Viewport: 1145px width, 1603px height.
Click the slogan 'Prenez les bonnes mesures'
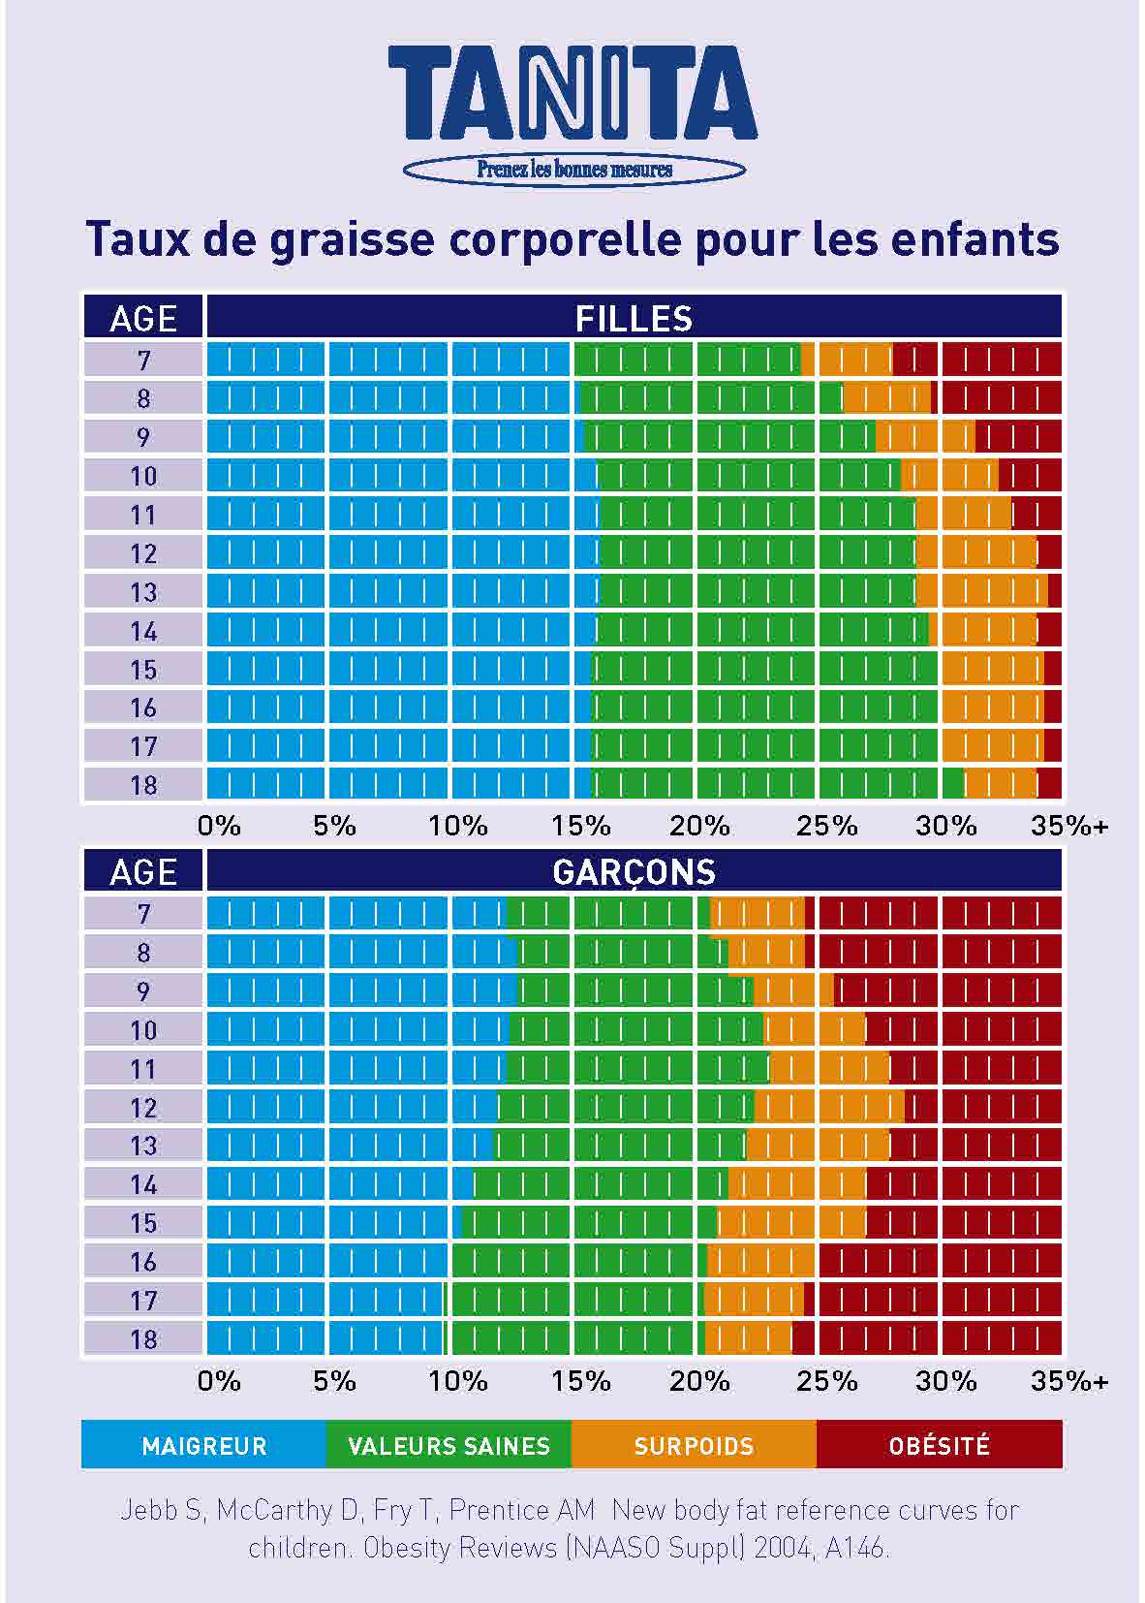pyautogui.click(x=573, y=170)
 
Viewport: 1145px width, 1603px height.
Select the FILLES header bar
pyautogui.click(x=634, y=318)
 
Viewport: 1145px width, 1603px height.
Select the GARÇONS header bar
pyautogui.click(x=634, y=871)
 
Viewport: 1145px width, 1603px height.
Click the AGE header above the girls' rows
pyautogui.click(x=143, y=318)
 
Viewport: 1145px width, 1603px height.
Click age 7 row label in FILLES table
pyautogui.click(x=143, y=361)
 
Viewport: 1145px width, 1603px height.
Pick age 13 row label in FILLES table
pyautogui.click(x=143, y=592)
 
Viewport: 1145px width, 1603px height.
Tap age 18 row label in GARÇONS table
pyautogui.click(x=143, y=1339)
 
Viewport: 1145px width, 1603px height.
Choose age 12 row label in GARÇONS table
pyautogui.click(x=143, y=1107)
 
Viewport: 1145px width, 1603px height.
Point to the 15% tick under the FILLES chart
pyautogui.click(x=581, y=826)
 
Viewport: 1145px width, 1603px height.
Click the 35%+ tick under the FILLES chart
pyautogui.click(x=1068, y=826)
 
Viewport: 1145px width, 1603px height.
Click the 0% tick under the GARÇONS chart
pyautogui.click(x=219, y=1380)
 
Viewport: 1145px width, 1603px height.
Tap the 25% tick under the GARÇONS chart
pyautogui.click(x=826, y=1380)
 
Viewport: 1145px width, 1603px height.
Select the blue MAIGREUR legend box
pyautogui.click(x=204, y=1445)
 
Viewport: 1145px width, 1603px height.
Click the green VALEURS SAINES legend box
pyautogui.click(x=449, y=1445)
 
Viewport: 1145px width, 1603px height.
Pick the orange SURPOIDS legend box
pyautogui.click(x=694, y=1445)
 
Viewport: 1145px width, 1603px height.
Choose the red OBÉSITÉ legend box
pyautogui.click(x=939, y=1445)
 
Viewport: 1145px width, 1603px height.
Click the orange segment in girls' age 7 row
pyautogui.click(x=852, y=361)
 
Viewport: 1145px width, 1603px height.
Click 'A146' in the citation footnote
pyautogui.click(x=856, y=1548)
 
